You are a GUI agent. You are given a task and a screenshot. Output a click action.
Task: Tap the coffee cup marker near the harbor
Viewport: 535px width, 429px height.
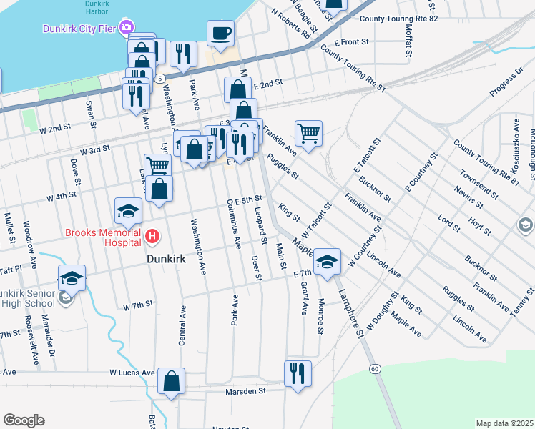(x=220, y=33)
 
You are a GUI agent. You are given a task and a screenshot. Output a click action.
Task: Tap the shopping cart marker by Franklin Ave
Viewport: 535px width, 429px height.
(x=308, y=133)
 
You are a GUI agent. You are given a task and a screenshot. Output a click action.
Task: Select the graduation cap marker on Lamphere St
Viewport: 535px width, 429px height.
(x=327, y=262)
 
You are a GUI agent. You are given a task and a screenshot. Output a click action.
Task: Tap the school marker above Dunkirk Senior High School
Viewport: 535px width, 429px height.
(x=72, y=278)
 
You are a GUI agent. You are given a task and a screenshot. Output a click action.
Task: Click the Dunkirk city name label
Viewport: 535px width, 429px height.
(x=166, y=259)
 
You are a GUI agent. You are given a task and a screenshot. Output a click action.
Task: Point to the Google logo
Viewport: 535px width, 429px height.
(x=24, y=420)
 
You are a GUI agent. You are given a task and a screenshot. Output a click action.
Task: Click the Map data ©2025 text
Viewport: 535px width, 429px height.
(x=505, y=423)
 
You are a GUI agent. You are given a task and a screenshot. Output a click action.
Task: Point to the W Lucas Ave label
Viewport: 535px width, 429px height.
(x=132, y=373)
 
